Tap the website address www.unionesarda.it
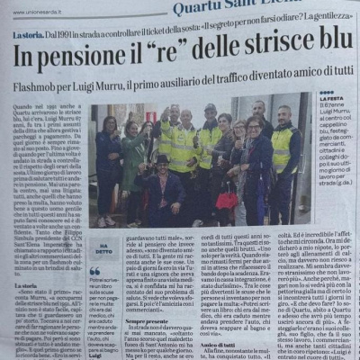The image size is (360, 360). tap(37, 7)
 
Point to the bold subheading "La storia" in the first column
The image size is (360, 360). tap(27, 309)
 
